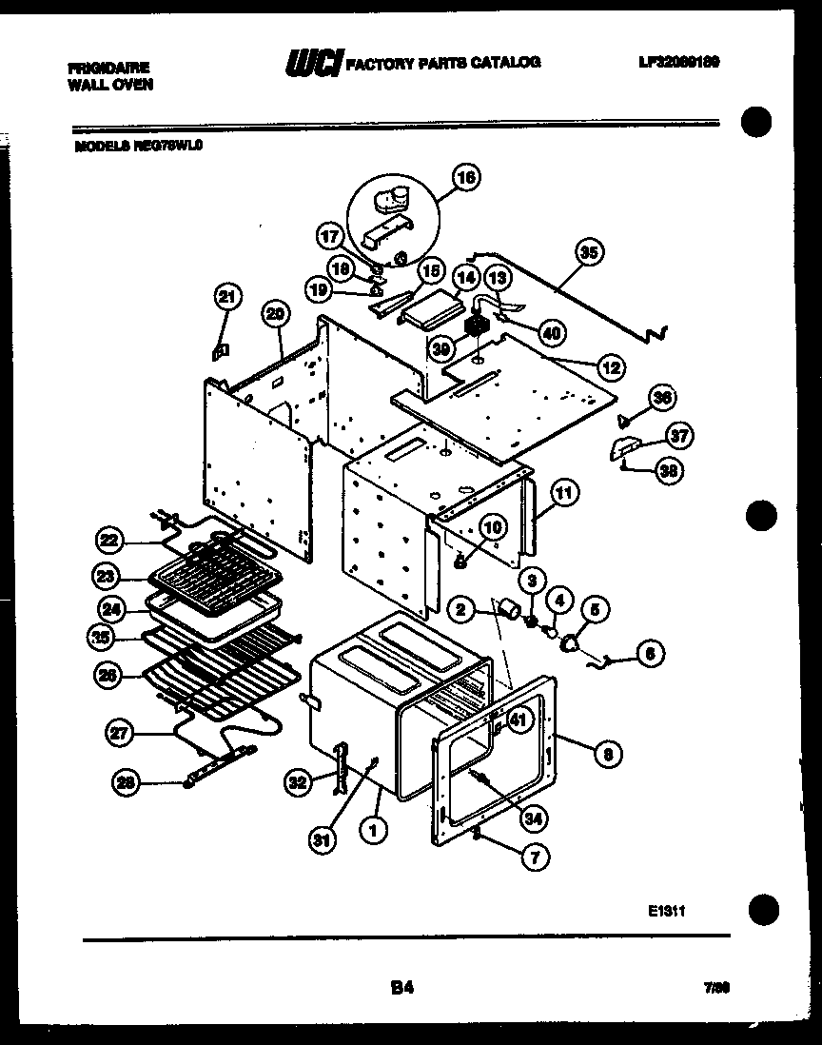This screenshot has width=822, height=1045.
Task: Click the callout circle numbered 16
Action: [466, 177]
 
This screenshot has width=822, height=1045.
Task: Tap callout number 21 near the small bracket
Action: [226, 298]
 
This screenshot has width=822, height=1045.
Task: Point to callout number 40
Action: [549, 333]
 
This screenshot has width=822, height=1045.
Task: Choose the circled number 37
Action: [678, 437]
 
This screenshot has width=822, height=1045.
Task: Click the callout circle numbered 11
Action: [564, 493]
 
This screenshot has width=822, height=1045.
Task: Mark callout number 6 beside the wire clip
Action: [650, 653]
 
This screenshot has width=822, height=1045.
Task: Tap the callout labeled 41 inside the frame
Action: [518, 721]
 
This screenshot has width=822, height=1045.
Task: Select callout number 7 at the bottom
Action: [536, 858]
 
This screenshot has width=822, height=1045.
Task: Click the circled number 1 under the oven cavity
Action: [374, 829]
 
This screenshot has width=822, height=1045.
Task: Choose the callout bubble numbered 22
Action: [110, 541]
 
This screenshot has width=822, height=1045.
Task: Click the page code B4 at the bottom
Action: [401, 988]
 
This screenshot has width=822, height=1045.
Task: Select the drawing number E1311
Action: [666, 911]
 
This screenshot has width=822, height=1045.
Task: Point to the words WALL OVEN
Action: [110, 84]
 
